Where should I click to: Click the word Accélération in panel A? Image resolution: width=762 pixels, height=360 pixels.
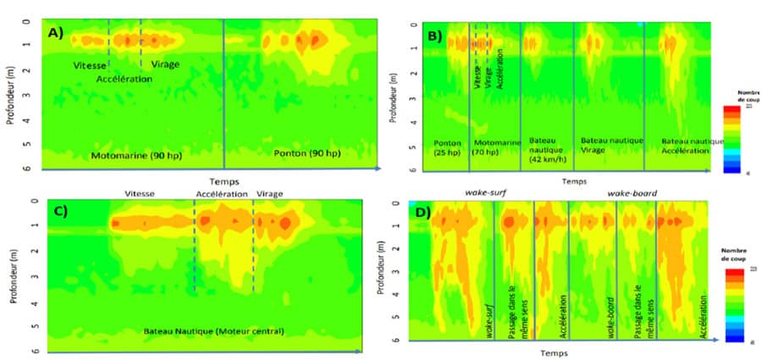tap(124, 79)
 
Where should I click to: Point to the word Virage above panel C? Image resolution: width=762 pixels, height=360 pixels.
tap(269, 194)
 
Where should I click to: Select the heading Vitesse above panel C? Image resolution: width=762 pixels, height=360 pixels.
tap(139, 194)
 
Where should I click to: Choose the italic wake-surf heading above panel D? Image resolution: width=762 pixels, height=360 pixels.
tap(484, 194)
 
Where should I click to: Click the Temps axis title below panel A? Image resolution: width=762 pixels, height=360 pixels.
tap(224, 180)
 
